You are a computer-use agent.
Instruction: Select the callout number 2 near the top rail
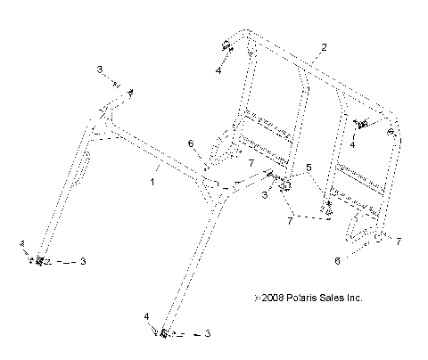(x=324, y=46)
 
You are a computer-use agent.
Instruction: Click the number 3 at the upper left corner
(x=100, y=69)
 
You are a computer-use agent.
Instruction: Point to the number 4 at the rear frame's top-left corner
(x=218, y=69)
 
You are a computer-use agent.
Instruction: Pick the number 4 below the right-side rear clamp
(x=354, y=142)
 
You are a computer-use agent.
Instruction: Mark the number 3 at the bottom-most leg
(x=207, y=334)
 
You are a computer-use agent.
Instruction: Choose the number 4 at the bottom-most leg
(x=146, y=316)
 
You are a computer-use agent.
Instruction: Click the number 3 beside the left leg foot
(x=83, y=261)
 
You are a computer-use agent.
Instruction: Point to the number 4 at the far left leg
(x=21, y=242)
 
